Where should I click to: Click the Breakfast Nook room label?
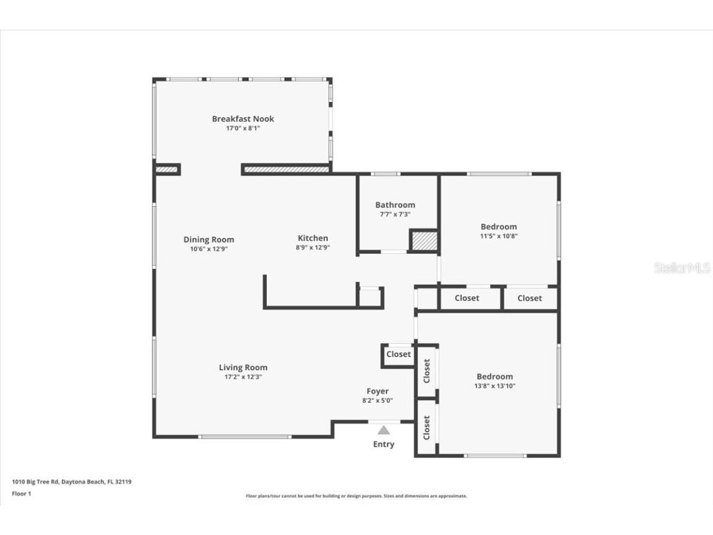tap(243, 119)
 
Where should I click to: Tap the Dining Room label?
tap(209, 239)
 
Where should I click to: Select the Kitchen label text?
tap(313, 238)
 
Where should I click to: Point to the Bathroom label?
tap(395, 205)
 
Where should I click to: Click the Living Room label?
tap(243, 368)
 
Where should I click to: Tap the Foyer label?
tap(378, 391)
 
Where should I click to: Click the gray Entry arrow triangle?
tap(384, 430)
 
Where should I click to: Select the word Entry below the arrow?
tap(384, 445)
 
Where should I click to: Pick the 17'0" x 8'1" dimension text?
tap(243, 128)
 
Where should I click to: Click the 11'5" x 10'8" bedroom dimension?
tap(499, 236)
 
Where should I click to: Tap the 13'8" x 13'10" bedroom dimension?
tap(495, 386)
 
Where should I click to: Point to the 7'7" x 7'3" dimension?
tap(395, 214)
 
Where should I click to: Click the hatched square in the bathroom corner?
tap(425, 241)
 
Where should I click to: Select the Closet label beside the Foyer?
tap(399, 354)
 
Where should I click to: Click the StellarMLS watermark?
tap(682, 267)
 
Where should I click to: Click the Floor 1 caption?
tap(22, 494)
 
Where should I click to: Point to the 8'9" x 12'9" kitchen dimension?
tap(313, 248)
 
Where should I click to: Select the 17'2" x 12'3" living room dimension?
tap(243, 376)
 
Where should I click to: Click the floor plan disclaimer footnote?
tap(356, 496)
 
